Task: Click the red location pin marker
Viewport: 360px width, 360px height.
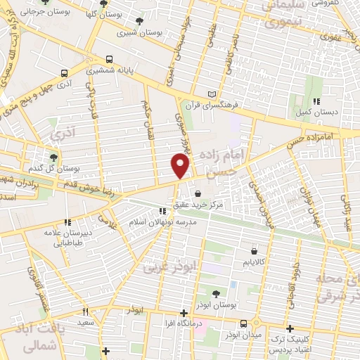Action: coord(181,167)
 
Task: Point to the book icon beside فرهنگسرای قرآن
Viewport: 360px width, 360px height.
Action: coord(213,94)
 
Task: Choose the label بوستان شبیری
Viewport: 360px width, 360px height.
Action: coord(137,32)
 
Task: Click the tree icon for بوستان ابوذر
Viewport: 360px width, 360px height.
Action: coord(216,293)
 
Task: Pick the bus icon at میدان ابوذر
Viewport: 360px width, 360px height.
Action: coord(243,323)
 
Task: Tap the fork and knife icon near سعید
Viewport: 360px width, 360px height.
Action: coord(86,311)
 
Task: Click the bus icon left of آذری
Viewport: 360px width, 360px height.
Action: coord(65,73)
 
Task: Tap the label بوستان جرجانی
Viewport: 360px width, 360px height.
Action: coord(40,13)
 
